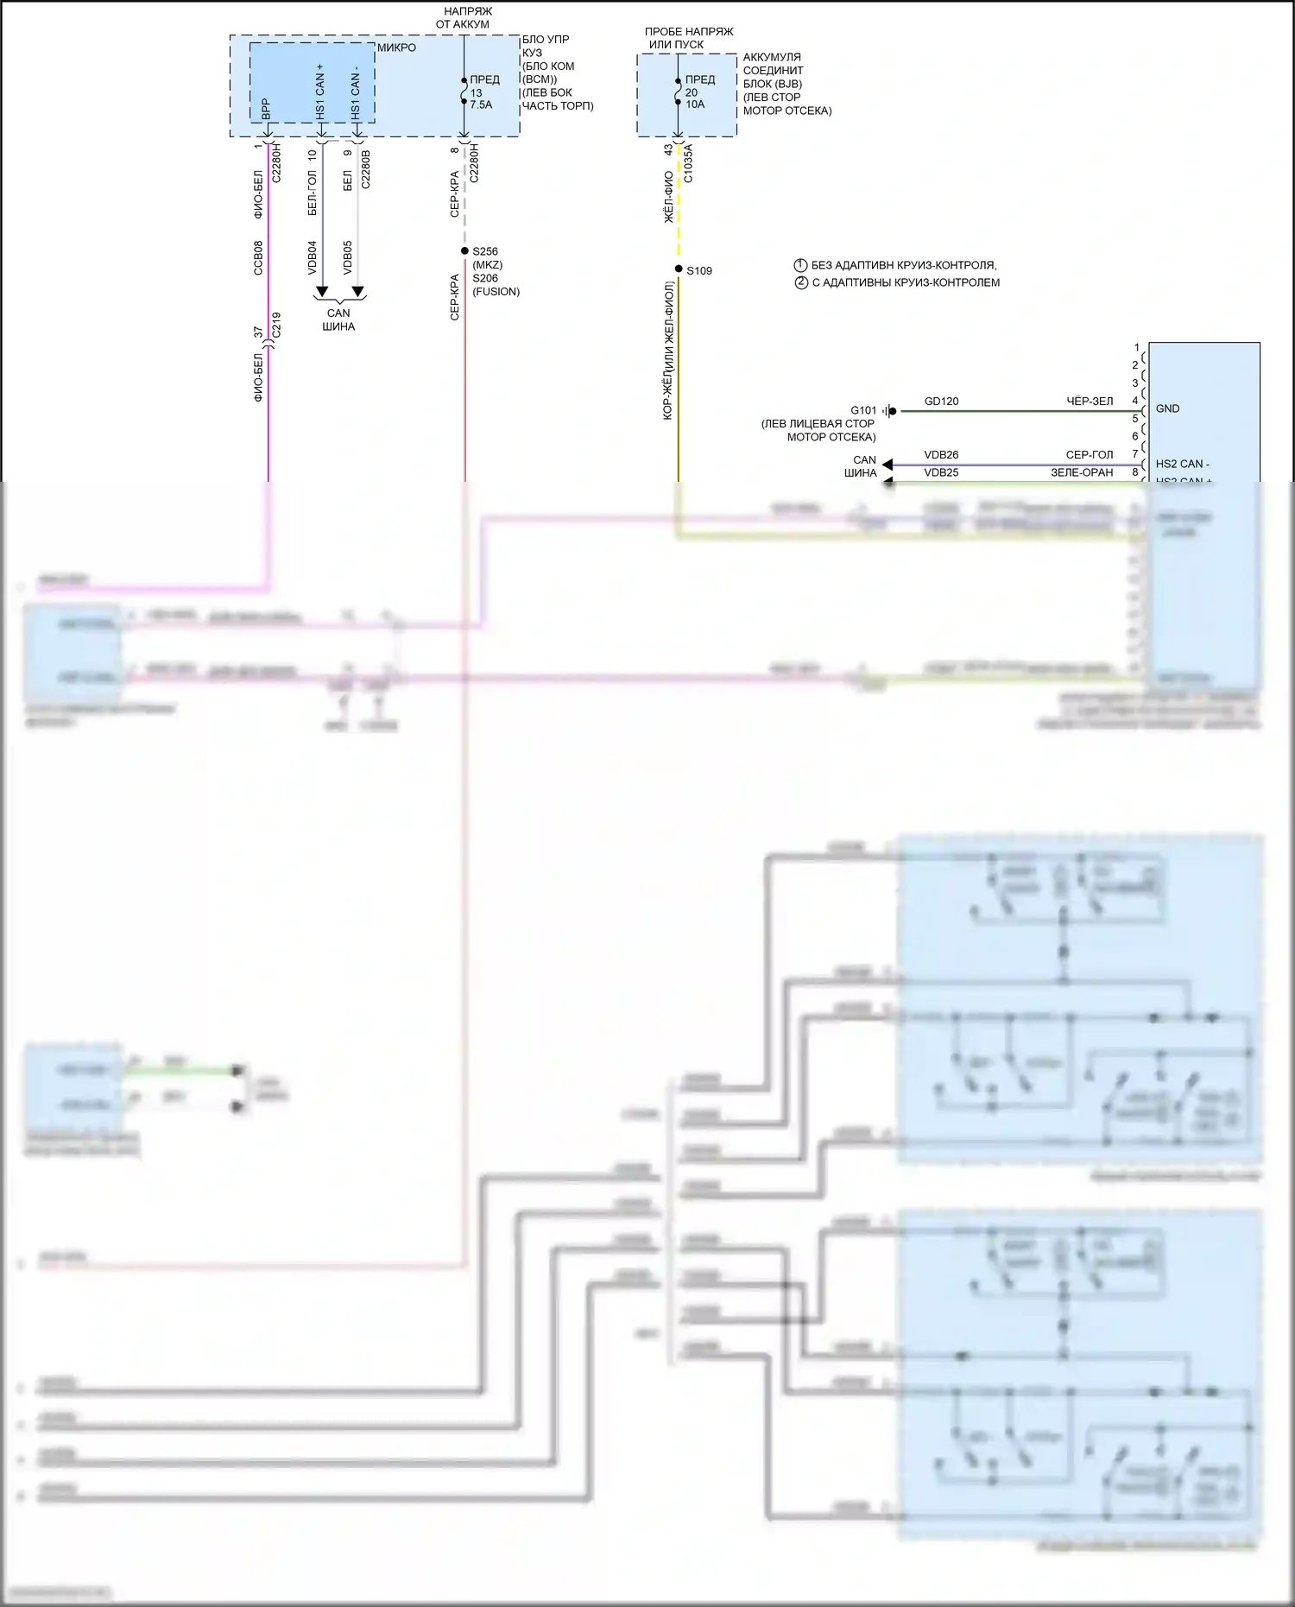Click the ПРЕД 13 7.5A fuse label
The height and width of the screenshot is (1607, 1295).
[x=483, y=92]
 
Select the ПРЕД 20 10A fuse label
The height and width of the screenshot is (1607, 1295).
[x=699, y=92]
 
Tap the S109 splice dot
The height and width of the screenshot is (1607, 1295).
[x=679, y=269]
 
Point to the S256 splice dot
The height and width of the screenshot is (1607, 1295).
[x=464, y=251]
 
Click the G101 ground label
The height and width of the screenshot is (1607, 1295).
[x=863, y=411]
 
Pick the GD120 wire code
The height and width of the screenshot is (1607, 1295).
[x=941, y=402]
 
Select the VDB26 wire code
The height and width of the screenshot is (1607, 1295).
[x=941, y=455]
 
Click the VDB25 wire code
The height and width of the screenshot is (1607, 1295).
[x=941, y=473]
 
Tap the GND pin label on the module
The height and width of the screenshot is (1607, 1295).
[x=1167, y=409]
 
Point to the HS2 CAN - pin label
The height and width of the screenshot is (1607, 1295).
[x=1182, y=465]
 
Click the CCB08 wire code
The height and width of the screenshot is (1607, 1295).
[x=258, y=257]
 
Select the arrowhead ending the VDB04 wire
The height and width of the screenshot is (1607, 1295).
[x=322, y=292]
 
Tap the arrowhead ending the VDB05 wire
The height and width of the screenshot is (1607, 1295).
[x=357, y=292]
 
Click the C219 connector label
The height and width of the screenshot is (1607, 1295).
[x=276, y=326]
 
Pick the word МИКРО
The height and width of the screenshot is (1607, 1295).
[x=396, y=47]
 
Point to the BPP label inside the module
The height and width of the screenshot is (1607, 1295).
[x=266, y=109]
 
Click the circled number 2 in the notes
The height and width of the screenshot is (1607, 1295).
[x=801, y=282]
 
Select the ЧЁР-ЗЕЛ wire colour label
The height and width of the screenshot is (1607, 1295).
[x=1090, y=402]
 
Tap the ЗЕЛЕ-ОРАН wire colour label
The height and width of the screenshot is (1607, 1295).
[x=1082, y=473]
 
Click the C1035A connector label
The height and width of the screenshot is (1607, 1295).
[x=688, y=163]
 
